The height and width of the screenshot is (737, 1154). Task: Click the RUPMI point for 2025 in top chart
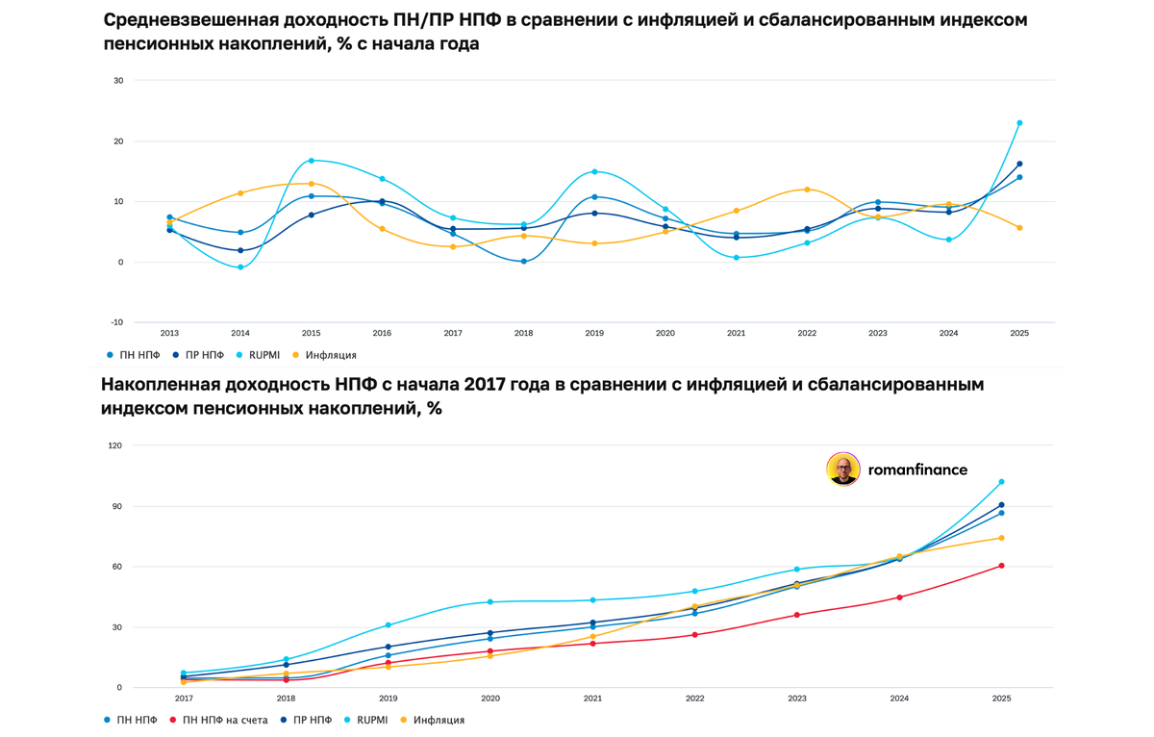coord(1019,123)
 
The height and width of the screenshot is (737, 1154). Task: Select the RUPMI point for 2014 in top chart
coord(240,267)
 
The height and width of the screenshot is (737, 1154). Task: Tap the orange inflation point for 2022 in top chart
coord(807,190)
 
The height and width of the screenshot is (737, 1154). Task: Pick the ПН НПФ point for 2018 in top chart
coord(523,262)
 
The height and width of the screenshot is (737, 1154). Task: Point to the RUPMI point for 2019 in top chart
coord(594,172)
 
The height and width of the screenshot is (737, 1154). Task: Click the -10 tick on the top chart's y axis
coord(118,322)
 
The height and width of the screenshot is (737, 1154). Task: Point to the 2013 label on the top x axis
coord(169,333)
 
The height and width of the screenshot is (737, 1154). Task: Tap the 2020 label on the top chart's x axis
coord(665,333)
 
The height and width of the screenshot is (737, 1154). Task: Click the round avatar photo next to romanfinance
coord(843,470)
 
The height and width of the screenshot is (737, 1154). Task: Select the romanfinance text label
coord(916,470)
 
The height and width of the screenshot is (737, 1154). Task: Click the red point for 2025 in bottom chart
coord(1001,566)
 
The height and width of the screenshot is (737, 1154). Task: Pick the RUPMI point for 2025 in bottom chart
coord(1001,482)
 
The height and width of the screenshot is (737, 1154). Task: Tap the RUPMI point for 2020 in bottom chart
coord(490,602)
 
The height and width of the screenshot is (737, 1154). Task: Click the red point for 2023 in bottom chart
coord(797,615)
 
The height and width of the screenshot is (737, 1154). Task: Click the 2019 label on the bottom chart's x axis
coord(389,698)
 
